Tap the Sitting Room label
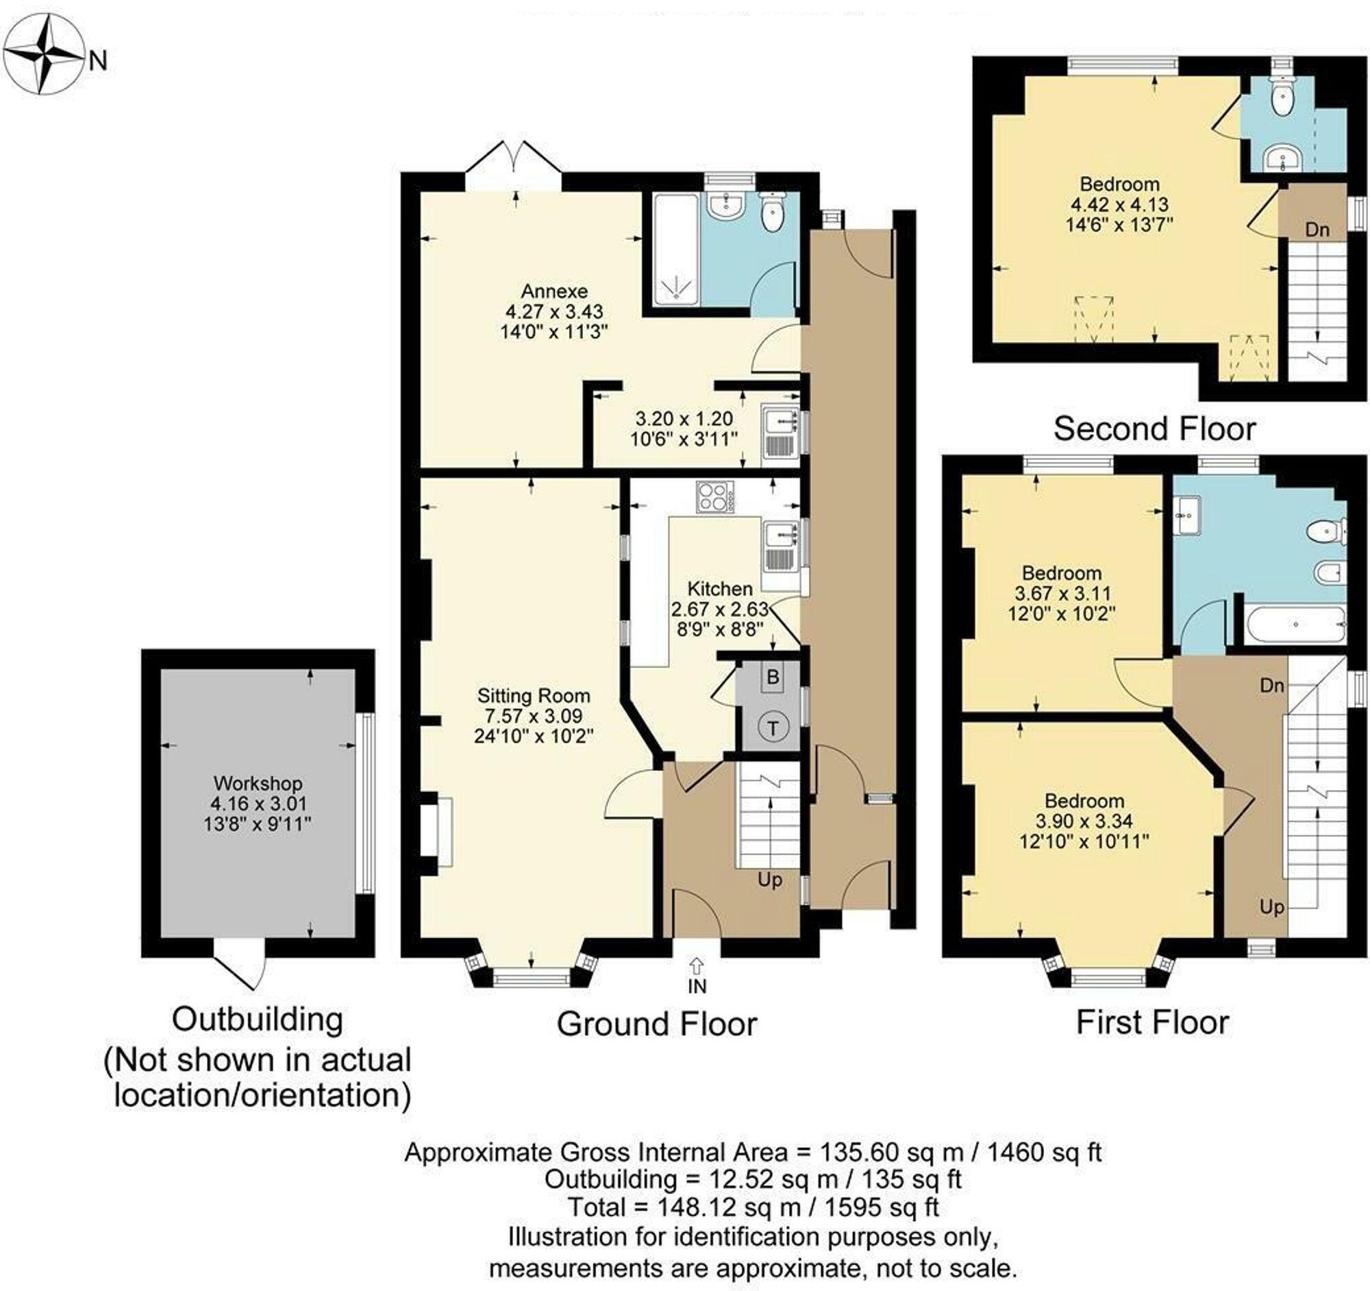[534, 696]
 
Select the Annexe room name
[554, 290]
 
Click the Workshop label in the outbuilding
[258, 783]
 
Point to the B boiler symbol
[773, 677]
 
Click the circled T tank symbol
[773, 727]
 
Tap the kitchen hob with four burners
[714, 496]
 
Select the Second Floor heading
[1154, 429]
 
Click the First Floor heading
[1152, 1022]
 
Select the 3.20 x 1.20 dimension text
[684, 419]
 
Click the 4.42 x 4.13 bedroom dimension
[1119, 204]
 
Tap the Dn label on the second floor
[1317, 230]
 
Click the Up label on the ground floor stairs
[770, 880]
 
